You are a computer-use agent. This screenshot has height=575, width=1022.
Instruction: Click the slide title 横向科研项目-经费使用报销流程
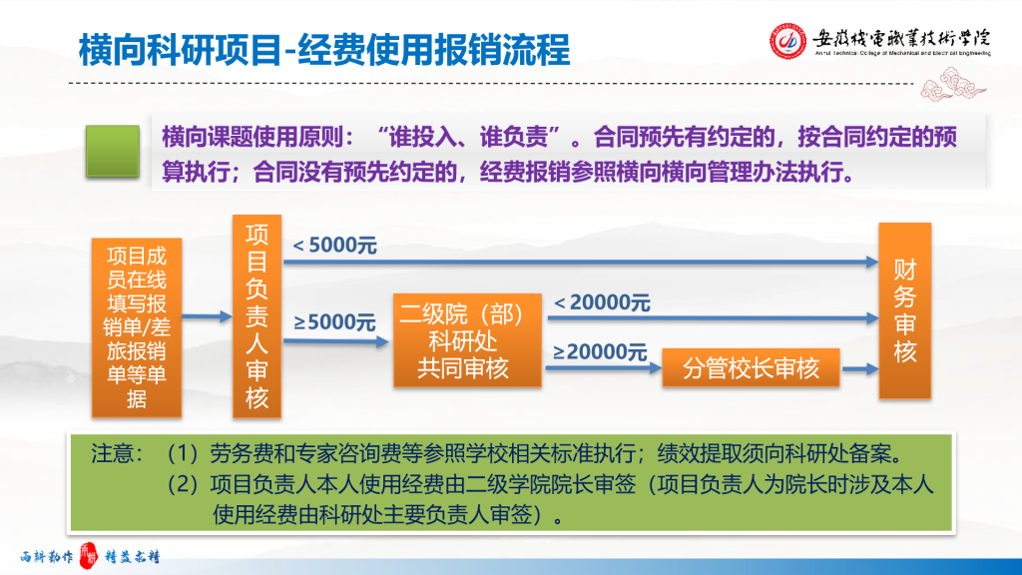click(324, 50)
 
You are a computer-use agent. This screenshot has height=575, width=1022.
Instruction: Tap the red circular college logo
click(787, 40)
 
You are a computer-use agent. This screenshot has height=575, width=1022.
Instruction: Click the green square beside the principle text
click(113, 152)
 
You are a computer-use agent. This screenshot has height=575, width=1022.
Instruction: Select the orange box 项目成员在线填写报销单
click(137, 327)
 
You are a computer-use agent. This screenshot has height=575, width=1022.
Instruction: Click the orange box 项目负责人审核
click(256, 316)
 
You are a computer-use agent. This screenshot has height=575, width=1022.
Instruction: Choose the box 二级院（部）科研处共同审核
click(467, 340)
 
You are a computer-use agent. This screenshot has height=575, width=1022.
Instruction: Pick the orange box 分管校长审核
click(751, 368)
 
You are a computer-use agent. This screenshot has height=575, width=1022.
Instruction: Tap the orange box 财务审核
click(904, 310)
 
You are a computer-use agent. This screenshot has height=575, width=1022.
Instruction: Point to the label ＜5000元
click(334, 246)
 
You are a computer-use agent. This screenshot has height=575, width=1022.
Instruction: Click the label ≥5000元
click(334, 322)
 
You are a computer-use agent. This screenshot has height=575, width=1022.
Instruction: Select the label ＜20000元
click(602, 302)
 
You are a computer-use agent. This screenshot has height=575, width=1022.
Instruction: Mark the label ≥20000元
click(600, 352)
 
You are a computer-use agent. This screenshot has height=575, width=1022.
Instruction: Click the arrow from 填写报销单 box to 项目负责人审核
click(208, 316)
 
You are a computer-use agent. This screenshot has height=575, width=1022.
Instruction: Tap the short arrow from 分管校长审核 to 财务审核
click(860, 369)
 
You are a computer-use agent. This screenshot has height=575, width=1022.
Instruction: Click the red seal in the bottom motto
click(88, 555)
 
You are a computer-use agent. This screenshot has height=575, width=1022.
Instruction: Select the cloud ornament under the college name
click(953, 86)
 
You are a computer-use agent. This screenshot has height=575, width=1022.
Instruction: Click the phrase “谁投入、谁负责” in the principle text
click(468, 137)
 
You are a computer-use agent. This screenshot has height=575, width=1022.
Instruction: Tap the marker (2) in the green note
click(183, 484)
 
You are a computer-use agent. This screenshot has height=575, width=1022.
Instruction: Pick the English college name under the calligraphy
click(902, 53)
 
